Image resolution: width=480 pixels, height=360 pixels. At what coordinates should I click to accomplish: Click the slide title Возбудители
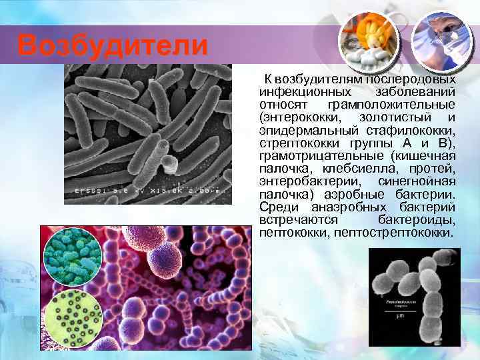pos(112,46)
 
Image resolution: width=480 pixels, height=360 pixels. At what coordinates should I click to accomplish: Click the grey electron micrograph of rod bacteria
pos(147,127)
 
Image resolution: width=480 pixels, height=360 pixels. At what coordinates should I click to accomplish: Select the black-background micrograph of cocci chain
pos(413,297)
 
